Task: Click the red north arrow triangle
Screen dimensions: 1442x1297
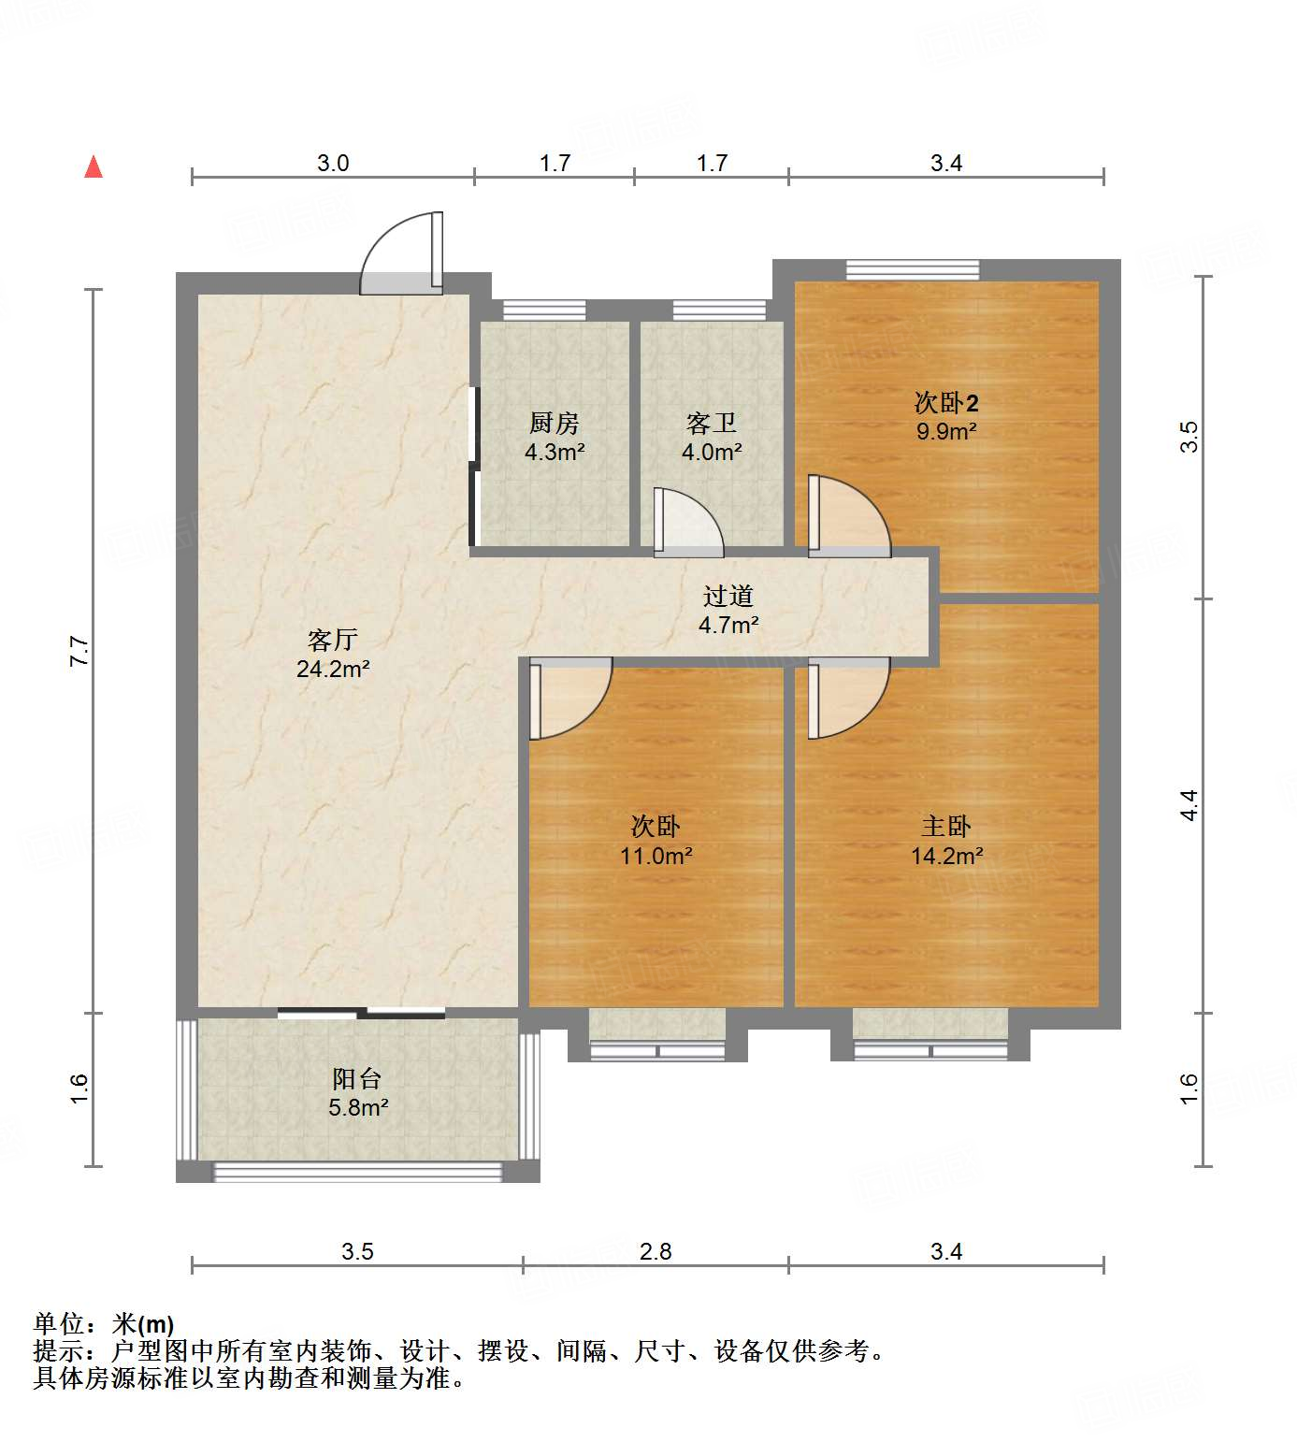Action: [94, 166]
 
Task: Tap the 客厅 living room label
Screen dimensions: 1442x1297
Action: [332, 641]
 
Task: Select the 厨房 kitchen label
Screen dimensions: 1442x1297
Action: [555, 424]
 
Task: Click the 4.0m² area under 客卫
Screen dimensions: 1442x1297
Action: [712, 453]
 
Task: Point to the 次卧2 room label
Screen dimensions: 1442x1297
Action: [946, 403]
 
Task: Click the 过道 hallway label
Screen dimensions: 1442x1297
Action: [728, 596]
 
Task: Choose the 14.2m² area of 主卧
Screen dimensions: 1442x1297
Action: [946, 856]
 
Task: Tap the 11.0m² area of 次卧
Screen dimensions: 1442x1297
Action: [656, 856]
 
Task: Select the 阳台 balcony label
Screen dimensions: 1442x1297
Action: [356, 1079]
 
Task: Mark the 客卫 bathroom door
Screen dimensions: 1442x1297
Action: [687, 524]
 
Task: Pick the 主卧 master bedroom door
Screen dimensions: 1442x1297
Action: [846, 697]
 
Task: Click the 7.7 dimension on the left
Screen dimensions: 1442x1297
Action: [79, 651]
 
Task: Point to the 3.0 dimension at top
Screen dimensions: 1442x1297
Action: [333, 164]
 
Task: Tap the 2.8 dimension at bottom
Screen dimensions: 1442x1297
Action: [656, 1251]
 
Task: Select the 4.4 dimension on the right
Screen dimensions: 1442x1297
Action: [1189, 805]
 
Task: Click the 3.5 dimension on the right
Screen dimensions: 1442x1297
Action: [1189, 437]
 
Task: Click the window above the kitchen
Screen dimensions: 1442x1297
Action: [544, 310]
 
